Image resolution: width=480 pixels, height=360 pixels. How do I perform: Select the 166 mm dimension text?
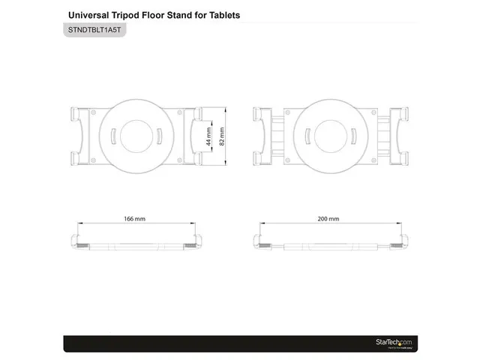(135, 219)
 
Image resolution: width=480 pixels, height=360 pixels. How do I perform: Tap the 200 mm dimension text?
(328, 219)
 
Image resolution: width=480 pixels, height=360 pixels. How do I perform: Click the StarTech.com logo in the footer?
(394, 343)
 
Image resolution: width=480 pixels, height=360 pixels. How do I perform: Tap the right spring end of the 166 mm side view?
(196, 243)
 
